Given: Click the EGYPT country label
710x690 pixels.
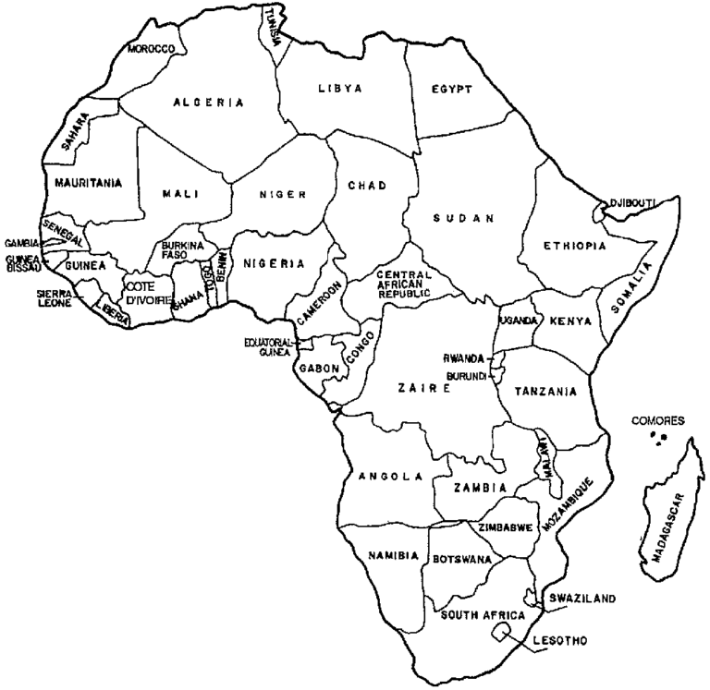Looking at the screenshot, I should click(x=451, y=90).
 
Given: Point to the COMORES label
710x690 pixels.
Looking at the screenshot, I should click(x=657, y=420).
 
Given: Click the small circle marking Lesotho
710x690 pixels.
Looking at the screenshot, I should click(x=502, y=631).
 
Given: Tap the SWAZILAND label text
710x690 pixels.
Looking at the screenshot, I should click(x=581, y=599).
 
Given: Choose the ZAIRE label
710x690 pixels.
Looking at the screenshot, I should click(x=424, y=389).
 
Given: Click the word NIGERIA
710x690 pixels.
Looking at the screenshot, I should click(x=274, y=263).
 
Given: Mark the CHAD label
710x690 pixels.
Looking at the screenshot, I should click(x=366, y=186).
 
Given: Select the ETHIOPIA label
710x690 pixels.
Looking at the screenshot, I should click(x=575, y=246).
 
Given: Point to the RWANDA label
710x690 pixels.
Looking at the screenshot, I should click(x=464, y=358).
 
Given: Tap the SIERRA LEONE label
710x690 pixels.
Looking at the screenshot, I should click(x=54, y=297).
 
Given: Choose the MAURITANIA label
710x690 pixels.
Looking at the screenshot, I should click(x=88, y=183).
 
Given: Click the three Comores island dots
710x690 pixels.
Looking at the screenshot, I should click(x=658, y=437).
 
